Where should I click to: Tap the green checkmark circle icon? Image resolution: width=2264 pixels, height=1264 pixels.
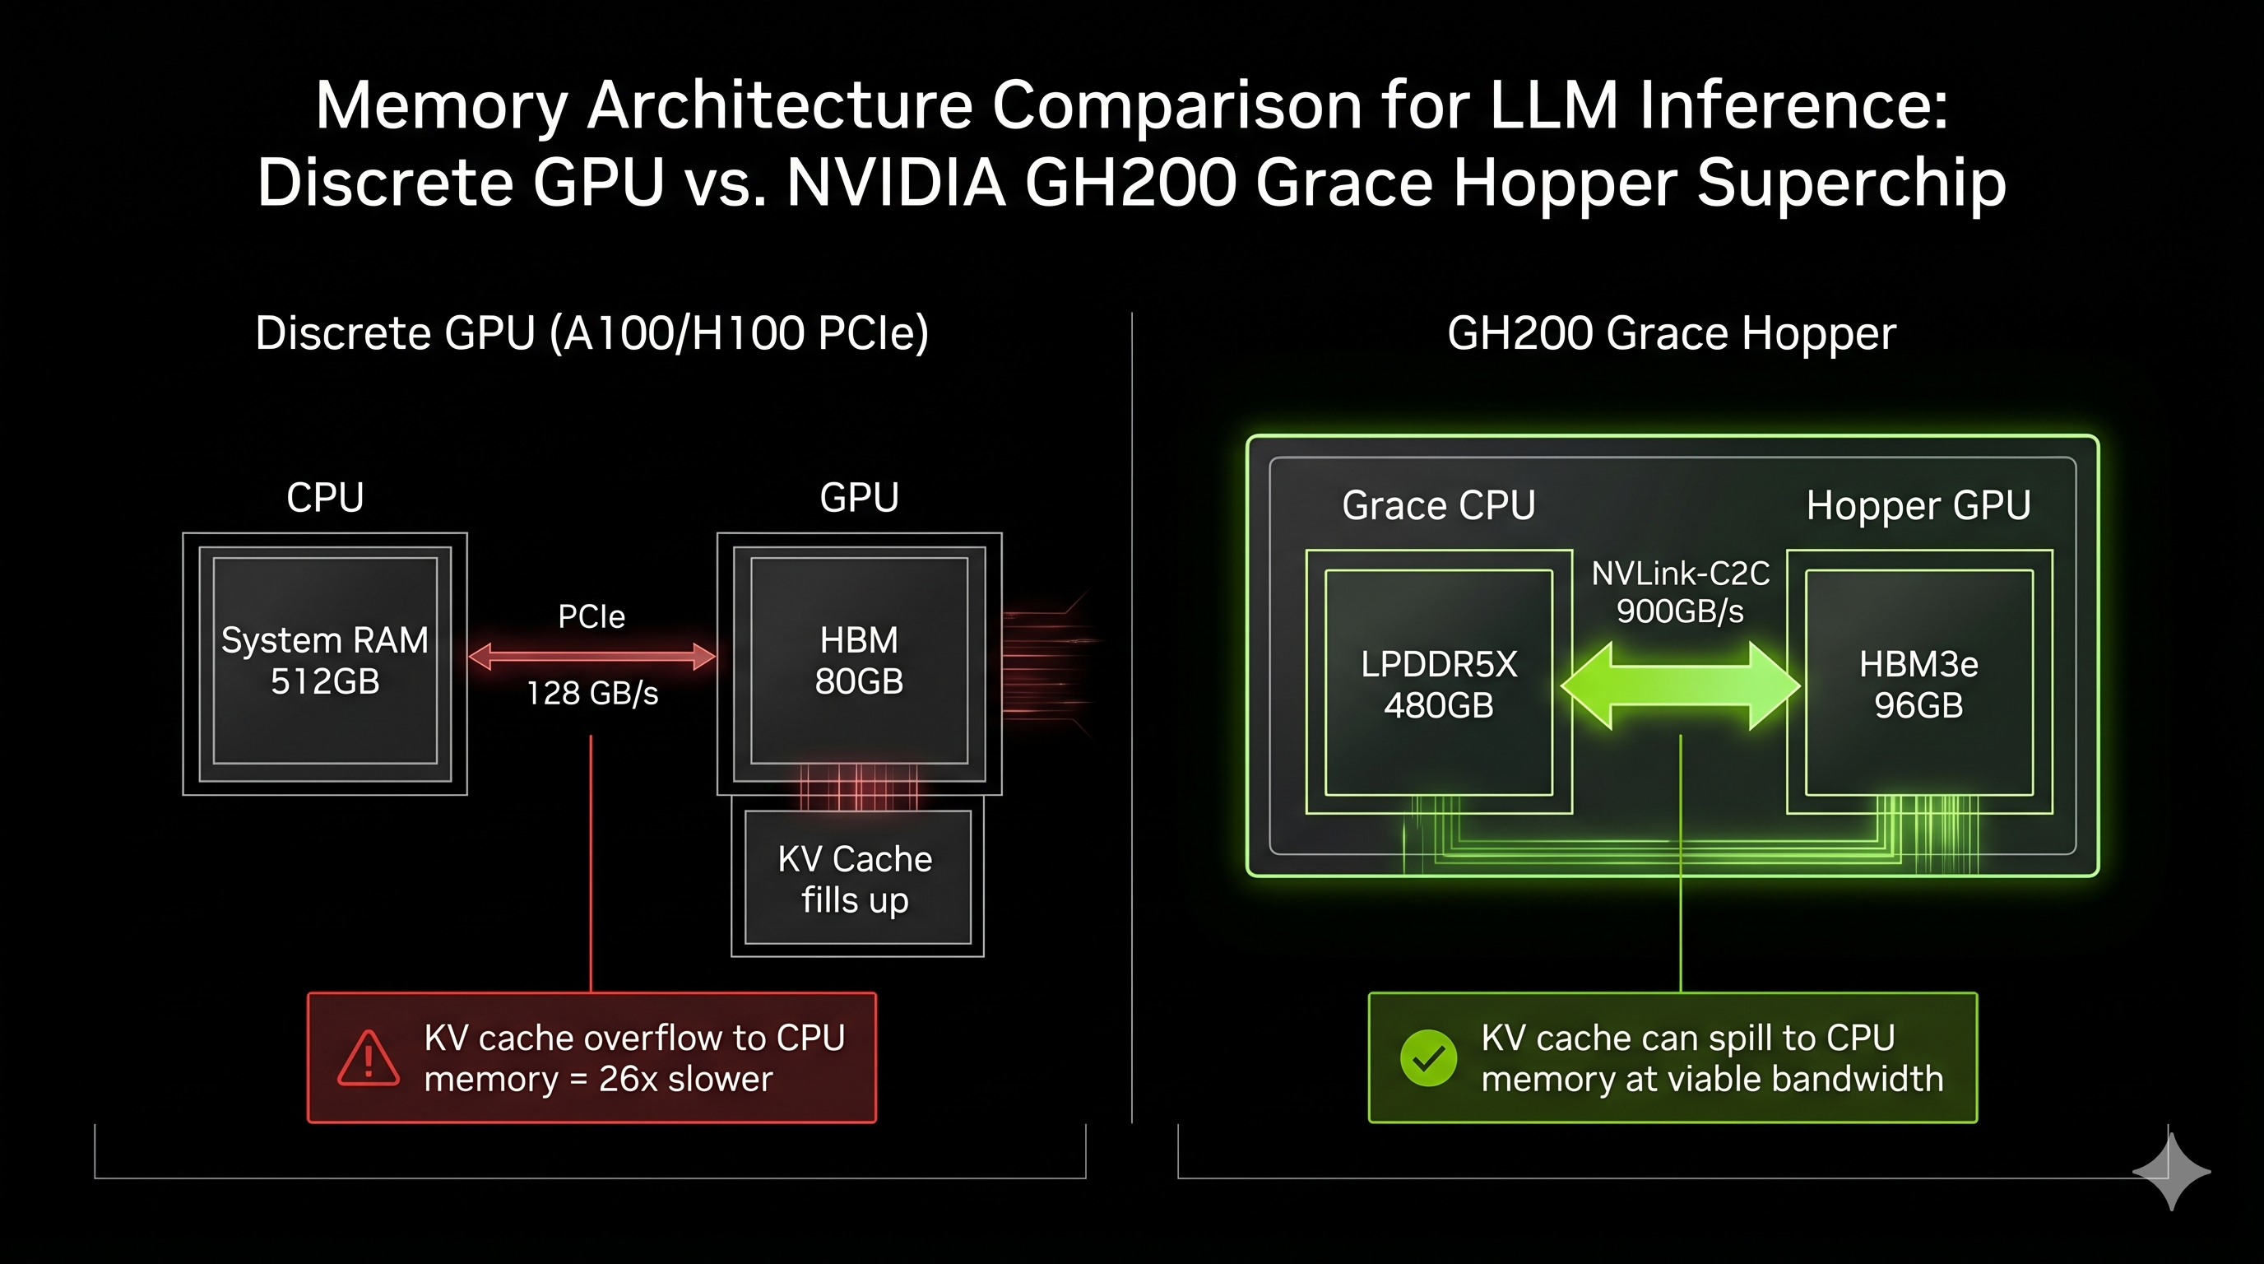coord(1428,1057)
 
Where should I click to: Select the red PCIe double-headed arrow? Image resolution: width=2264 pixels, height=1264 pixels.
coord(592,656)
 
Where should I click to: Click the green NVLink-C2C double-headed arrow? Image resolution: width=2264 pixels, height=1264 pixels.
coord(1680,685)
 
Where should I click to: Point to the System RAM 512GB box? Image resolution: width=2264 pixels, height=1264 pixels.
coord(325,661)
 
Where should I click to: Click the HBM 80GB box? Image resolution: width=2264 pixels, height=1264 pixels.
coord(859,661)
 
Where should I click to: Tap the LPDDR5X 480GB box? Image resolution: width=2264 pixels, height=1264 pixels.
coord(1439,684)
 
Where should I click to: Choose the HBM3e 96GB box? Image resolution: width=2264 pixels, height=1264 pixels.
coord(1918,684)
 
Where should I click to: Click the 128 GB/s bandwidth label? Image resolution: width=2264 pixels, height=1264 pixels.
coord(592,694)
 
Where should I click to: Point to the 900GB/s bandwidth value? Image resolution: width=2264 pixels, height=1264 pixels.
coord(1680,611)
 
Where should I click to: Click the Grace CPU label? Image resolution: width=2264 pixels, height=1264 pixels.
coord(1439,505)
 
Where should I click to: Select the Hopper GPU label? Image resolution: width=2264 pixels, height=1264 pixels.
coord(1918,505)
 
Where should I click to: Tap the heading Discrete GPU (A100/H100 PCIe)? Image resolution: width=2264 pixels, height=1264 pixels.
coord(592,333)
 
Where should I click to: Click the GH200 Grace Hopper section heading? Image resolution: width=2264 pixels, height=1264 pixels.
coord(1672,333)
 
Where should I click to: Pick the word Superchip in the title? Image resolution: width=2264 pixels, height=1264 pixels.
coord(1851,183)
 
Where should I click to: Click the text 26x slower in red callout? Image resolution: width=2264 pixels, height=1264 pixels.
coord(685,1079)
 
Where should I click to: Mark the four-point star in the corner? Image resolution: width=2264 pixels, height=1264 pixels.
coord(2171,1172)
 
